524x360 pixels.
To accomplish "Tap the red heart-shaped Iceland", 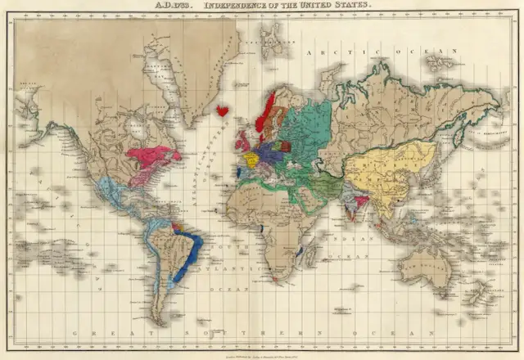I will click(x=221, y=110).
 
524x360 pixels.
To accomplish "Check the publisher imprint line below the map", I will click(x=262, y=353).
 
